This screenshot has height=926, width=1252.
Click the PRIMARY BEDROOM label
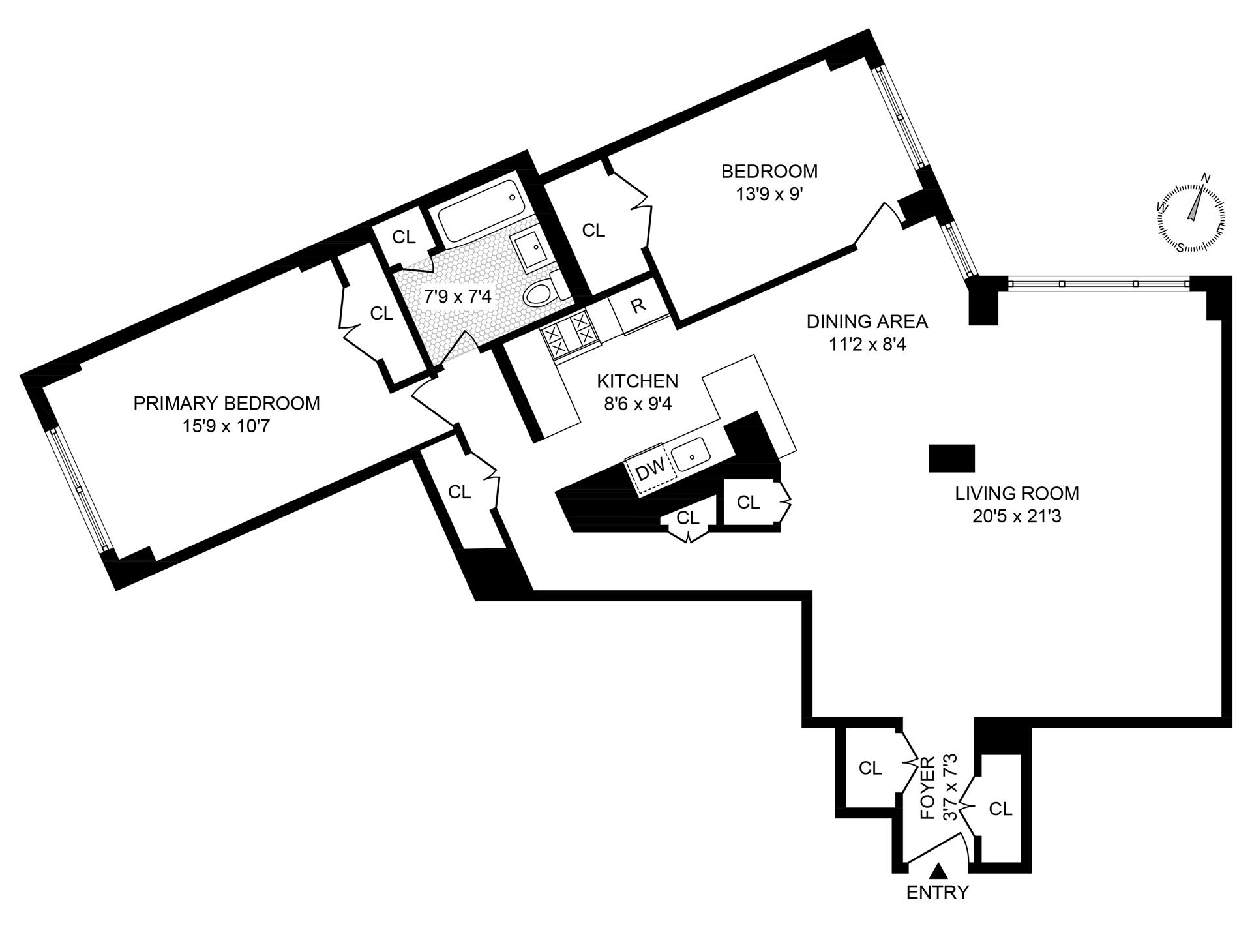(226, 403)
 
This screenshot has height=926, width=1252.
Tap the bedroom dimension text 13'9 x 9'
(769, 194)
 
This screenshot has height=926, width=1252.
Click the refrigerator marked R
(639, 306)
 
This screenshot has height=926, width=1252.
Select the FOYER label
(927, 788)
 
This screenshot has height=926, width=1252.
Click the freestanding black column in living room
(951, 458)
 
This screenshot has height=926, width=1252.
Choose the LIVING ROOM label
(1017, 493)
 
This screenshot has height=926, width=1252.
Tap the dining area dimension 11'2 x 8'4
(867, 344)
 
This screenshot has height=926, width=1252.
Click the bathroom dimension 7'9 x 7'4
(457, 297)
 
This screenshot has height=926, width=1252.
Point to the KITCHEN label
(637, 381)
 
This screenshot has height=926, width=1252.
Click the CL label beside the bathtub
(404, 237)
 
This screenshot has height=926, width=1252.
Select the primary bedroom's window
(79, 490)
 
